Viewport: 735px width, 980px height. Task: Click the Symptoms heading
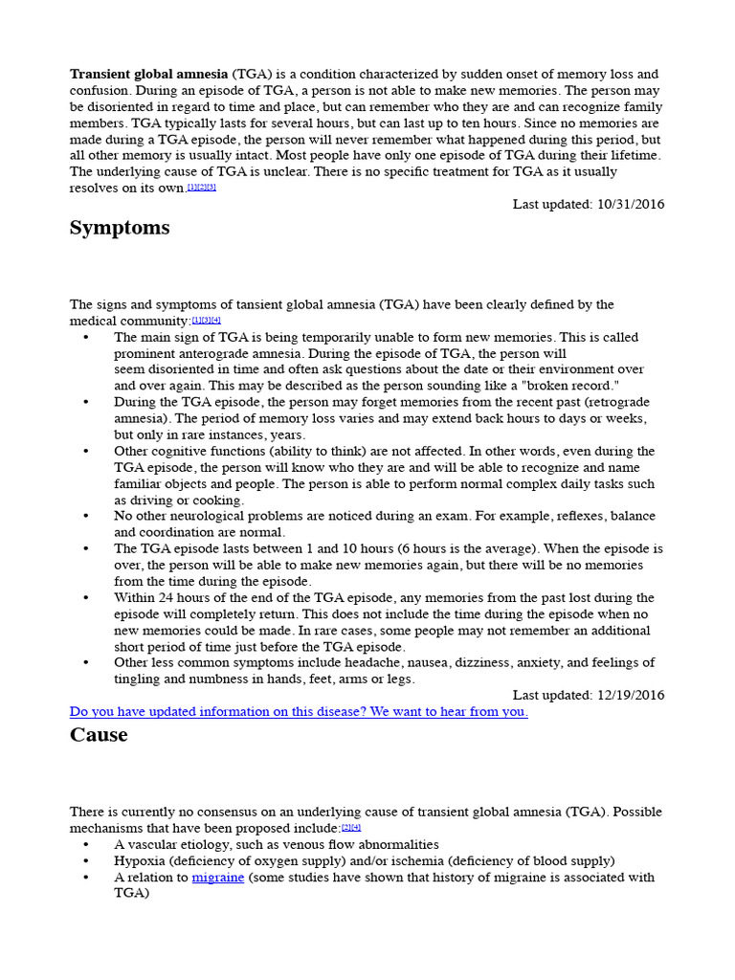[120, 228]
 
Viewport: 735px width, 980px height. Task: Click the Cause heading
[99, 735]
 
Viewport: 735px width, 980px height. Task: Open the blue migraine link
[217, 877]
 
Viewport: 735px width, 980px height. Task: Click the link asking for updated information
[299, 712]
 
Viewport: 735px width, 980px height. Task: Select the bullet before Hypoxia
[86, 860]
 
